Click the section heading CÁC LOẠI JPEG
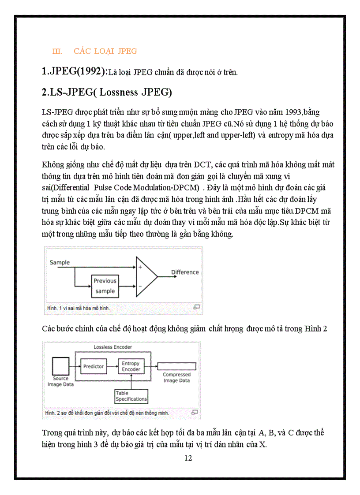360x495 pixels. [105, 51]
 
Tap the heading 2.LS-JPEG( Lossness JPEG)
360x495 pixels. [106, 93]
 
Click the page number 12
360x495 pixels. [188, 458]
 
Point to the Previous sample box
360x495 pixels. [105, 286]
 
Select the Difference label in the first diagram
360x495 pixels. [185, 272]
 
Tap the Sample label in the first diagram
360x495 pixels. [60, 263]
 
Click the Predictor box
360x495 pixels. [94, 366]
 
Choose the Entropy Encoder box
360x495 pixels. [131, 366]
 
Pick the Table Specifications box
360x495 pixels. [131, 396]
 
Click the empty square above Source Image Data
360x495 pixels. [60, 366]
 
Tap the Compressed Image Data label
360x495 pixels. [176, 378]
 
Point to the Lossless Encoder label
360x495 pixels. [112, 347]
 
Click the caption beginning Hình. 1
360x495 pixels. [78, 308]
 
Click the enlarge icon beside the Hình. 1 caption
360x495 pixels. [197, 307]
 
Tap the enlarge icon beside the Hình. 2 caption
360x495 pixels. [195, 413]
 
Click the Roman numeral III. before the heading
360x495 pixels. [57, 52]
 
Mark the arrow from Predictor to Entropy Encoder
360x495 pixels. [111, 366]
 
